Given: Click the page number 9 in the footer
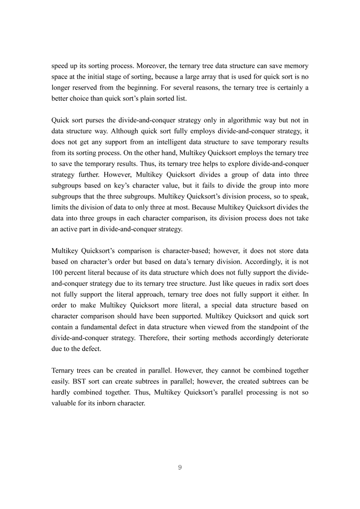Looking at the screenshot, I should tap(180, 468).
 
